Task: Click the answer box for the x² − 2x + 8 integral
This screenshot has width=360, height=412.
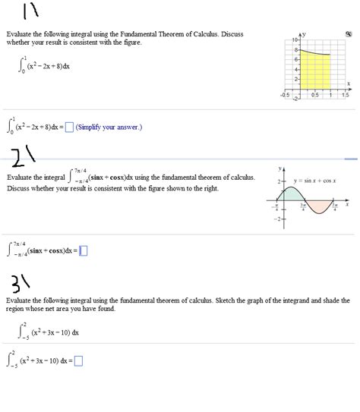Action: pyautogui.click(x=69, y=127)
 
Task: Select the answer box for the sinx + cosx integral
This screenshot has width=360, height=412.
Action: pyautogui.click(x=84, y=250)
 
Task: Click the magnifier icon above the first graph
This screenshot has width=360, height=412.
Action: pyautogui.click(x=349, y=35)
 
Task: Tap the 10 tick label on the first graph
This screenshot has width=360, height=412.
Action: pyautogui.click(x=294, y=39)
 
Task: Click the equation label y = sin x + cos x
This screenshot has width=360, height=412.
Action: pyautogui.click(x=312, y=181)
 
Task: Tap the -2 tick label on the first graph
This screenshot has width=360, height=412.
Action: pyautogui.click(x=295, y=96)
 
